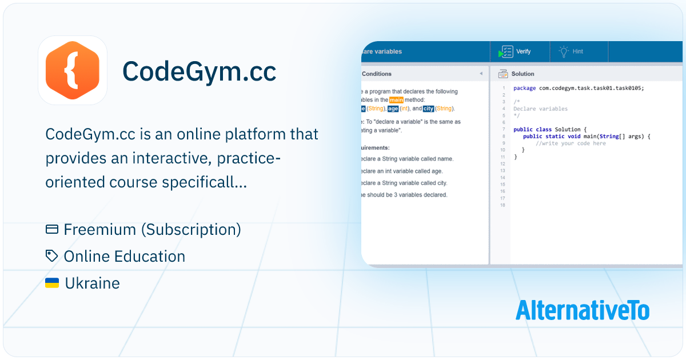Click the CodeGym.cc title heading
coord(199,71)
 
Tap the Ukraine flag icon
coord(52,283)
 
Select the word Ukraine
coord(92,283)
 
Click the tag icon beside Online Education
coord(52,256)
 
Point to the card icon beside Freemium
coord(52,229)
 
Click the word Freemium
coord(100,229)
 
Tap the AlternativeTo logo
coord(582,310)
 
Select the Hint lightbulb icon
coord(564,51)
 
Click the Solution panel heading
coord(523,74)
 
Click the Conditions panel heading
coord(377,74)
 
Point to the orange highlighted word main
coord(396,100)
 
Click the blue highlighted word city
coord(428,109)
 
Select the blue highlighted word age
coord(393,109)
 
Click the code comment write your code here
coord(571,143)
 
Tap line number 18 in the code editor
coord(502,205)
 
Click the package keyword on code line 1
coord(524,88)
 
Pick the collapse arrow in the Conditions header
coord(481,74)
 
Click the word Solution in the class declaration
coord(566,130)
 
